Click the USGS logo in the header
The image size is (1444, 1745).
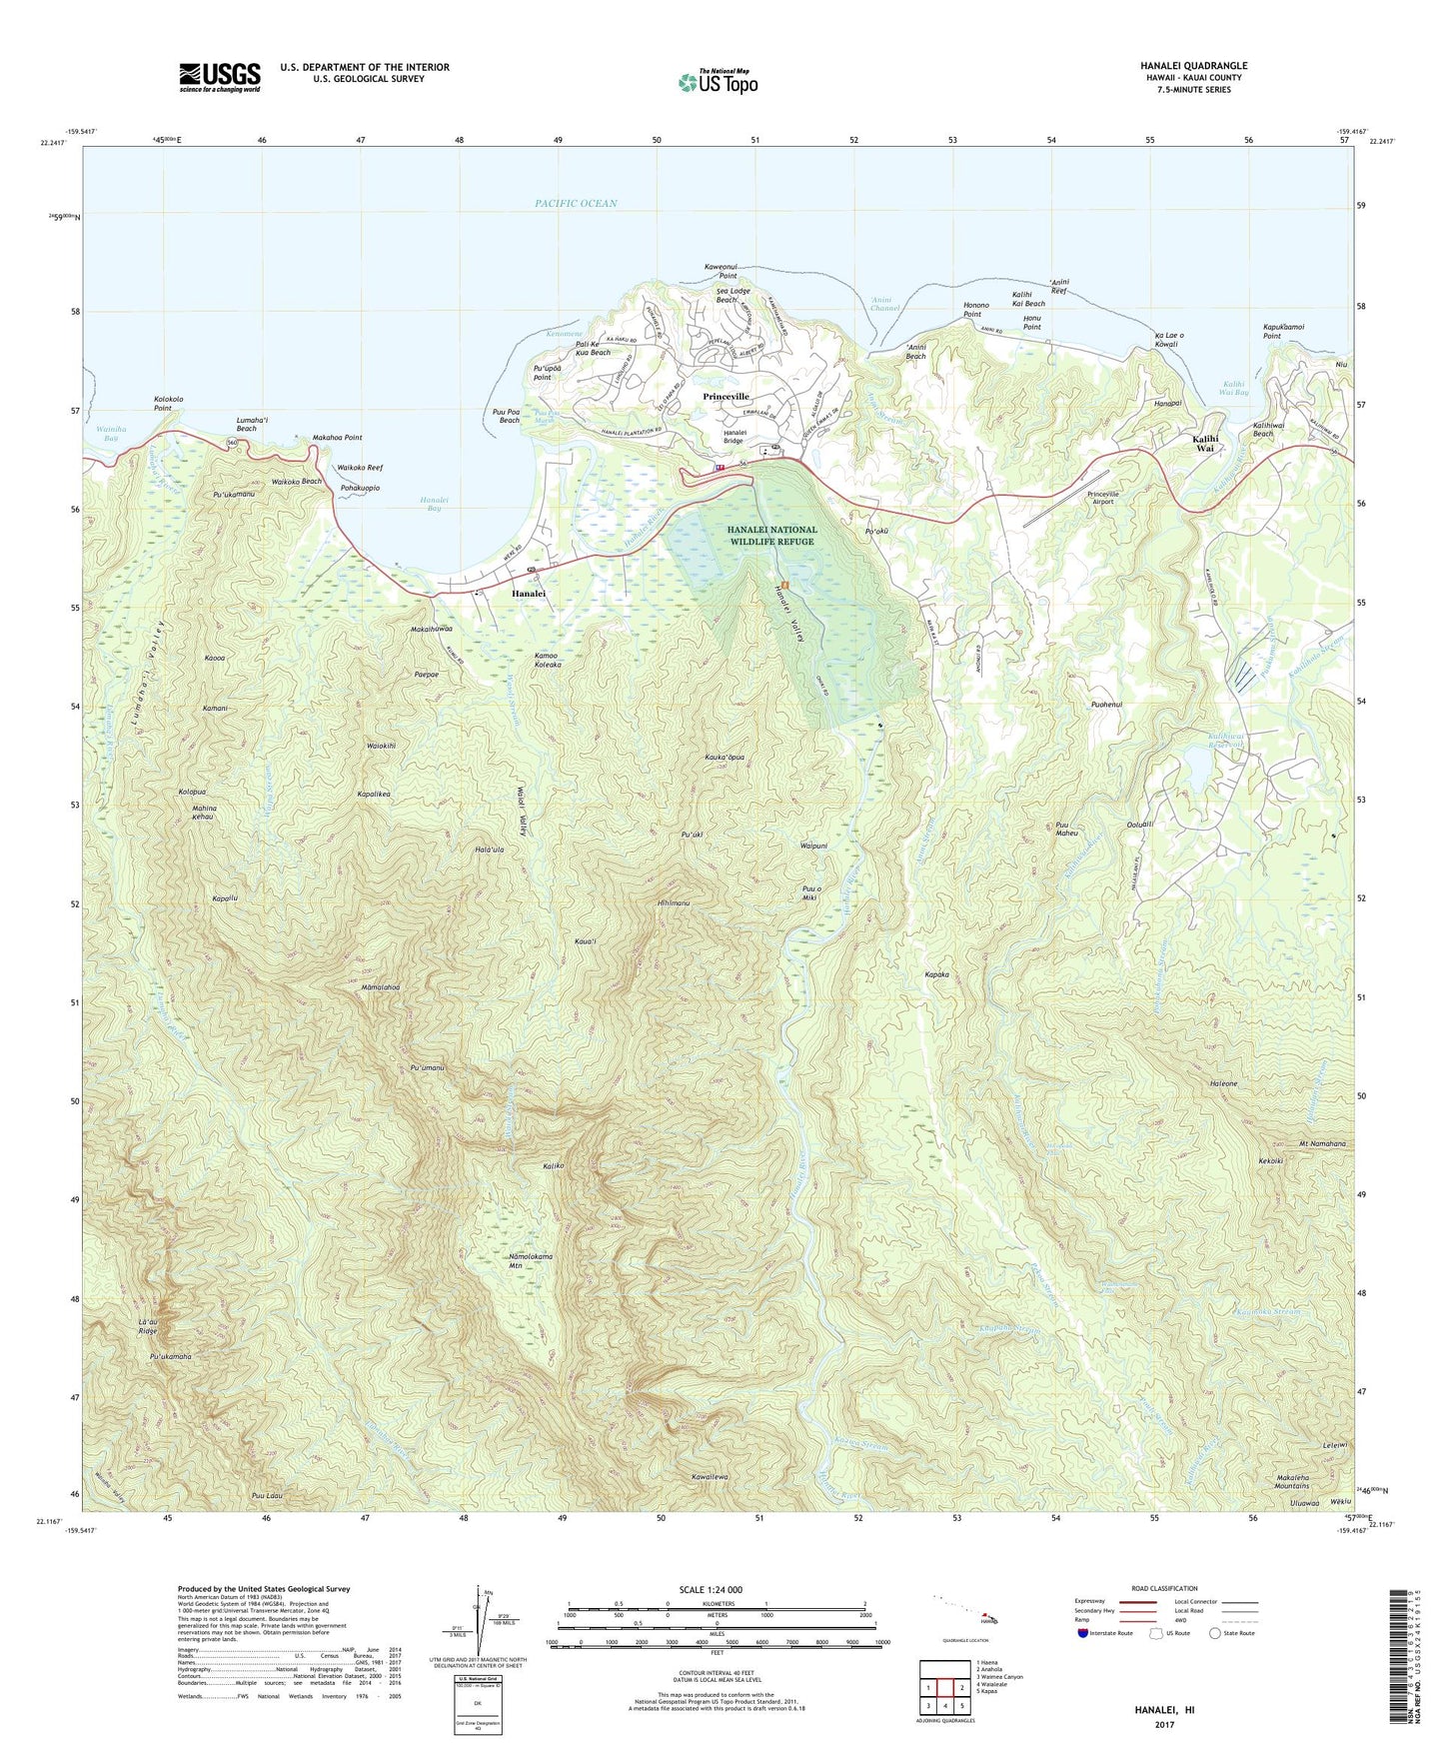[x=220, y=76]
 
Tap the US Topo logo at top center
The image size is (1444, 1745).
[x=718, y=82]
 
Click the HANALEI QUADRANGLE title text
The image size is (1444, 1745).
[x=1193, y=66]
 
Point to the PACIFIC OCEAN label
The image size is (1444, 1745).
[x=576, y=204]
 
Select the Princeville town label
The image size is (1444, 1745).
[x=725, y=397]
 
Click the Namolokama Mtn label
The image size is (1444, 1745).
[x=531, y=1262]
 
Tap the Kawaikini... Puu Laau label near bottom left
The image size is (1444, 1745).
[x=269, y=1496]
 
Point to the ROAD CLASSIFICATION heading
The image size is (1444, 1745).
[x=1164, y=1588]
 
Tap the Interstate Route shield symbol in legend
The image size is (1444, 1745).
[x=1084, y=1633]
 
